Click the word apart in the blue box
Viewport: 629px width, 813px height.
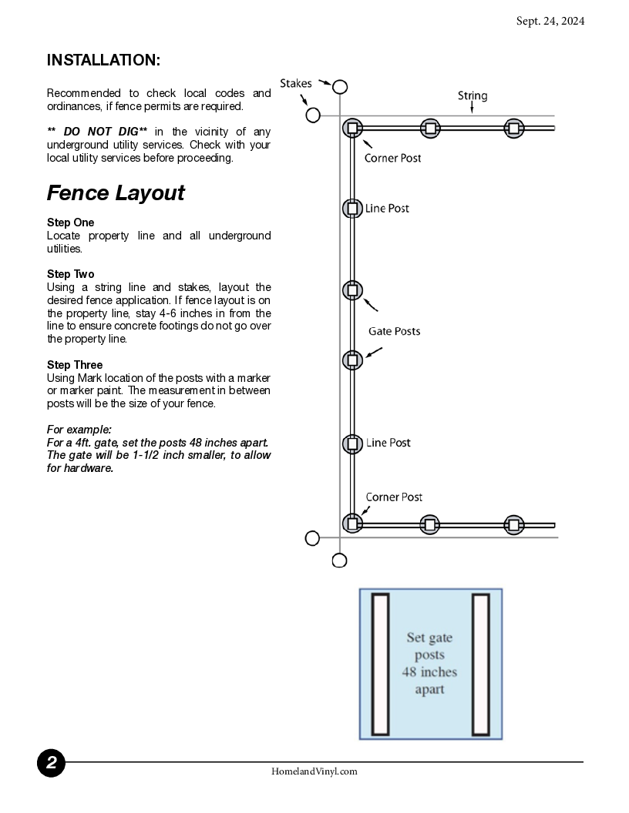point(431,687)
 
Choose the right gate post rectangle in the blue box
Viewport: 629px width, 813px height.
point(481,664)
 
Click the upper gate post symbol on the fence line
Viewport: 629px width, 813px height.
point(351,290)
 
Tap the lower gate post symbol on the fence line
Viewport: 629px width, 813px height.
point(351,360)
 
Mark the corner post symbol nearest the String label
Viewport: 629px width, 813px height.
point(352,128)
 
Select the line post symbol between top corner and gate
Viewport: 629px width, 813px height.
point(351,209)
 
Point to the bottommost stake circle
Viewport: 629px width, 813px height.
point(340,560)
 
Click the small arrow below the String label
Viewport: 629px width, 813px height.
point(472,109)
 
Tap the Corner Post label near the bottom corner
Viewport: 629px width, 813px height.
point(394,497)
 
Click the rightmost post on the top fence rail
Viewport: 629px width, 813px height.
point(513,128)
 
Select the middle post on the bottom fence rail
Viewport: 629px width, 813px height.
point(429,524)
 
